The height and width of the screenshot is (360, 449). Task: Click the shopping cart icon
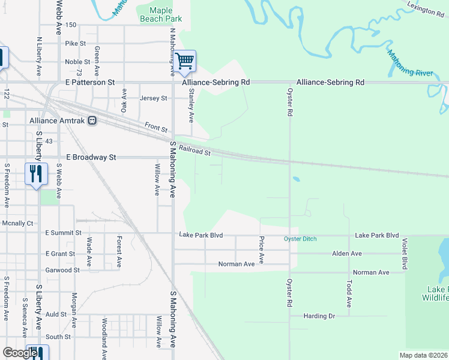[185, 60]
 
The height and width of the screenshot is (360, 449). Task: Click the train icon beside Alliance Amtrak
[92, 121]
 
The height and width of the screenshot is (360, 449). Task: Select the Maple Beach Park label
[160, 14]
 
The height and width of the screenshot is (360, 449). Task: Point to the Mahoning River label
[410, 64]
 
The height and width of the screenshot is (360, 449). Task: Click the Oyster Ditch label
[300, 239]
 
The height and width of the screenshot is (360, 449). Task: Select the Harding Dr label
[319, 316]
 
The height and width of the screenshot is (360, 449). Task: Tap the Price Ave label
[261, 250]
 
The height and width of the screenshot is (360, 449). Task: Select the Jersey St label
[153, 98]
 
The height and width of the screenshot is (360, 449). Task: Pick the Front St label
[155, 126]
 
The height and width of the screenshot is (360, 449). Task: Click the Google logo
[20, 353]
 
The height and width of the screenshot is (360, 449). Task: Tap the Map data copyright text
[423, 355]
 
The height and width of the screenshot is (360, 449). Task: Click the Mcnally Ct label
[17, 223]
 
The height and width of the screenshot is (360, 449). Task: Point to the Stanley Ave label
[191, 104]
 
